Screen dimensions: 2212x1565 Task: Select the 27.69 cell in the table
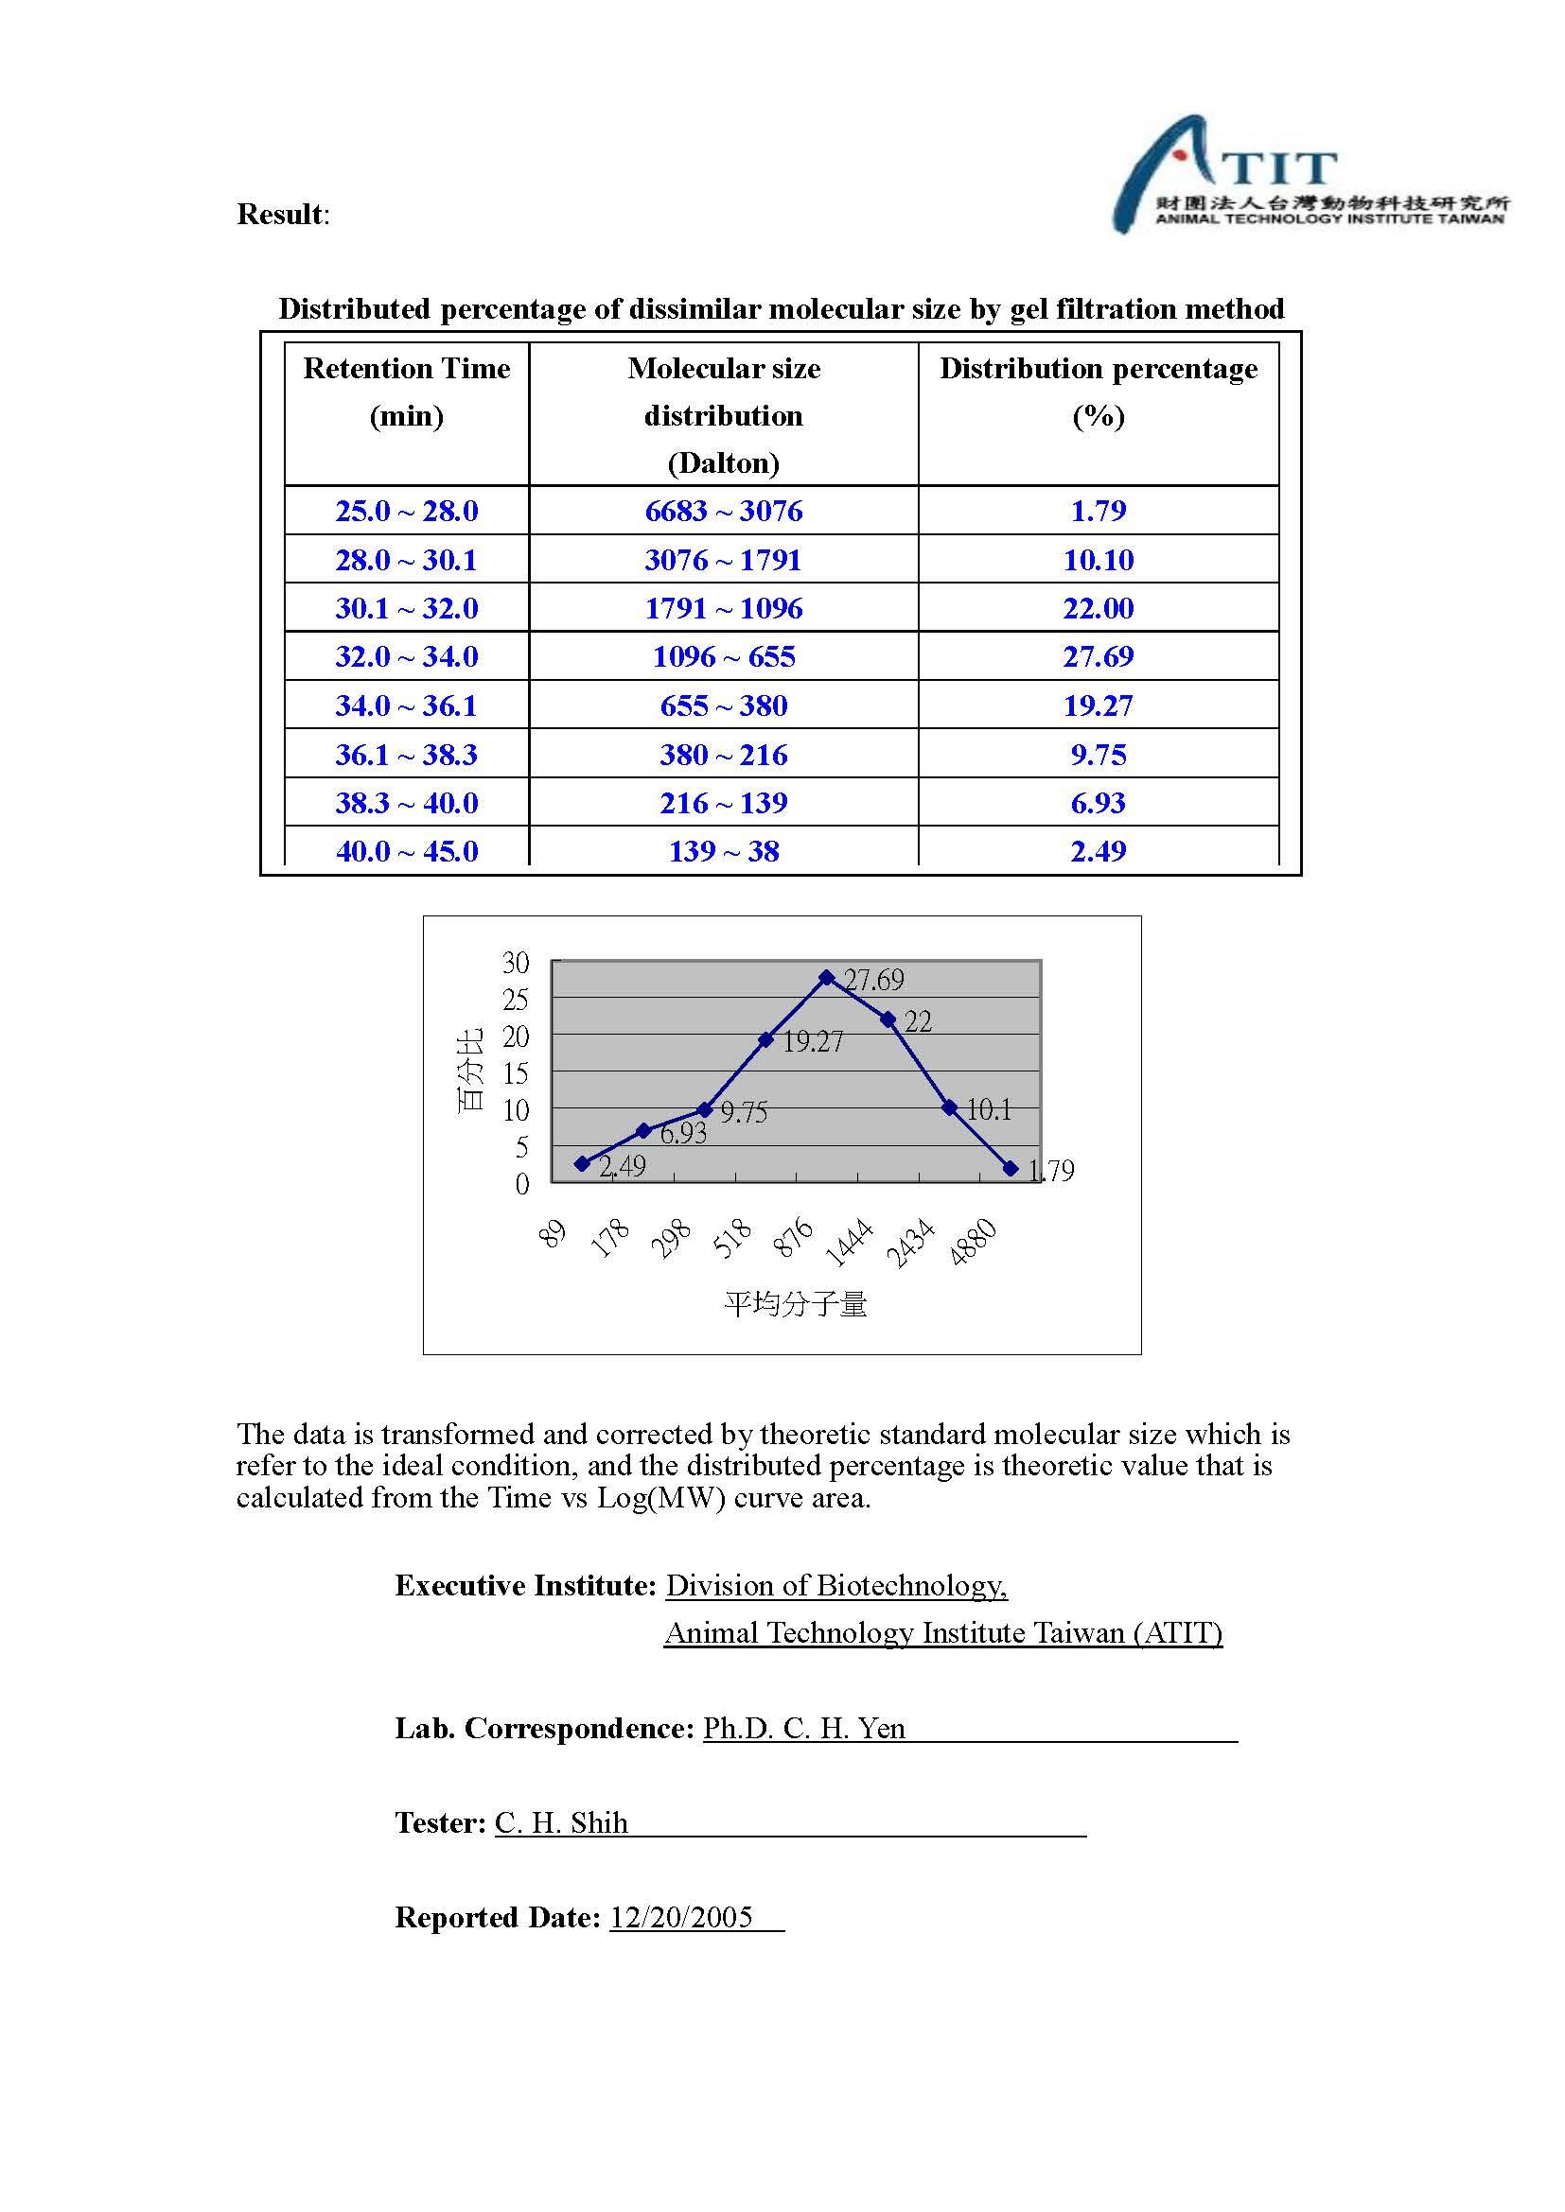[x=1098, y=656]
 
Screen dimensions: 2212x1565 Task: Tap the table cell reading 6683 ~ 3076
[x=724, y=511]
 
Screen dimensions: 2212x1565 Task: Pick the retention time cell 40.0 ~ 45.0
[x=407, y=851]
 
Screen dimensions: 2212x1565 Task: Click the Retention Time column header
[x=407, y=392]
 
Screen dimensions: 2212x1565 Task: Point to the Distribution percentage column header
[x=1098, y=392]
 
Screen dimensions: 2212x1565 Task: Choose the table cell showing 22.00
[x=1098, y=608]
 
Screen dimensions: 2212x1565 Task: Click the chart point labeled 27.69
[x=827, y=977]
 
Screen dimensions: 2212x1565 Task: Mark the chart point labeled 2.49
[x=582, y=1164]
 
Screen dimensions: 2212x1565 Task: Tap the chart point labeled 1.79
[x=1010, y=1168]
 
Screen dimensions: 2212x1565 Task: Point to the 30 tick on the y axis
[x=516, y=963]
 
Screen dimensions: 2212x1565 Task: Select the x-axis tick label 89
[x=553, y=1233]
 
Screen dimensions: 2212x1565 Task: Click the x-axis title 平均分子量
[x=795, y=1304]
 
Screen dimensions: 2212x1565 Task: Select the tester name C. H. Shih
[x=561, y=1822]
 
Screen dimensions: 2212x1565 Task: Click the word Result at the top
[x=280, y=214]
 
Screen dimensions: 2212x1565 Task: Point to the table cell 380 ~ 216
[x=724, y=755]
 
